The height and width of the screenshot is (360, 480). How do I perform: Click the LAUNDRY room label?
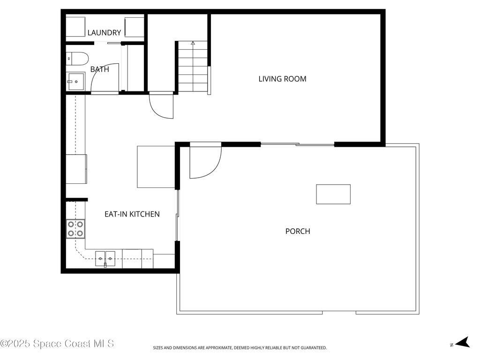104,33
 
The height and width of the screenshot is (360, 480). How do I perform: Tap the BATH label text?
99,69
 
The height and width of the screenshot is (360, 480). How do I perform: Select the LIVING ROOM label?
282,79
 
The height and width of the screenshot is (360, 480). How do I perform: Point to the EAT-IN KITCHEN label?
132,214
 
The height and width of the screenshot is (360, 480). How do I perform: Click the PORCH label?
298,231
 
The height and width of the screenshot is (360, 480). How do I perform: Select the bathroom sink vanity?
75,82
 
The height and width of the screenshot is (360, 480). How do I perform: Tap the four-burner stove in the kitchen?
75,228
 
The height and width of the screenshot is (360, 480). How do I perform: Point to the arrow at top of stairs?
193,43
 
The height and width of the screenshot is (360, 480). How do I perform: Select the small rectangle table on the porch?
333,194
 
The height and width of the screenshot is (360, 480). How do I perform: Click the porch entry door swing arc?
205,162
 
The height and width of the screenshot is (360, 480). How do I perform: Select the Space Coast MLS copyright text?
57,344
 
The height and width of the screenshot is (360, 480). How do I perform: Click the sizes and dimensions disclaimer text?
240,348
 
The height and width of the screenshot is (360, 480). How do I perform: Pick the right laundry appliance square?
134,27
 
